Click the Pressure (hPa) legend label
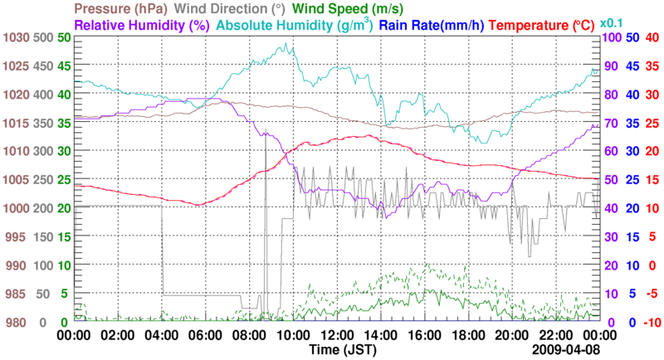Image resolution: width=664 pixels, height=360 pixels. click(x=121, y=9)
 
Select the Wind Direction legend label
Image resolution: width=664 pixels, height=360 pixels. click(x=220, y=9)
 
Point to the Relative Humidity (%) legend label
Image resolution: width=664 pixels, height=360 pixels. click(x=140, y=25)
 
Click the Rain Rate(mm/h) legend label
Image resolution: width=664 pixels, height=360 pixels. click(x=432, y=25)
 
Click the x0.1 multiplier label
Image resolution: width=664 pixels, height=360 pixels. click(x=613, y=22)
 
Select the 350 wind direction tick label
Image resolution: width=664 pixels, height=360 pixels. click(x=43, y=123)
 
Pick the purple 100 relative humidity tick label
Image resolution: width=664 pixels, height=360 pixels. click(x=611, y=37)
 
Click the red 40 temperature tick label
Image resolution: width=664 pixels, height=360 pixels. click(x=652, y=37)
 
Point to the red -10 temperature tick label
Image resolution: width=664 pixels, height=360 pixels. click(x=650, y=322)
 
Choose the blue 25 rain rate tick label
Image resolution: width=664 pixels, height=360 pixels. click(x=632, y=179)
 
